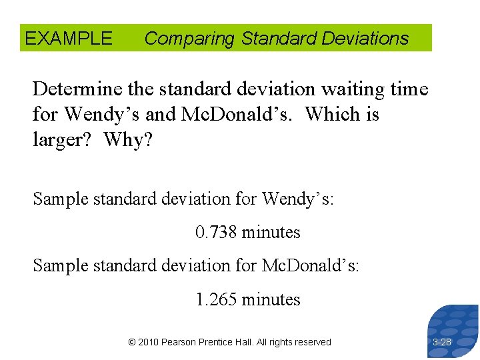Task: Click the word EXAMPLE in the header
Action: click(69, 39)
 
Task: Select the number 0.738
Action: click(216, 233)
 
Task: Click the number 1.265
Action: click(216, 300)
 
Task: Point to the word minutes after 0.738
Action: click(271, 233)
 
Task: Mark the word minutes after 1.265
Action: click(271, 300)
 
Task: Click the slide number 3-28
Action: click(442, 342)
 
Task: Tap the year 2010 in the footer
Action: click(149, 342)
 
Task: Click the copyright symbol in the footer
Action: click(132, 342)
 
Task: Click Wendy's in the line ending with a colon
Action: click(297, 199)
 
